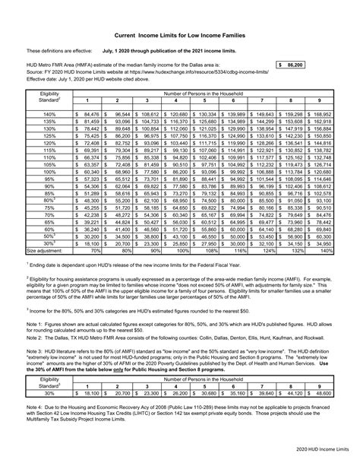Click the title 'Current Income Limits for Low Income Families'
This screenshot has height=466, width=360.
point(180,35)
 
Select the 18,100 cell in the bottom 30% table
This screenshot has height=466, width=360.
point(87,393)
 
